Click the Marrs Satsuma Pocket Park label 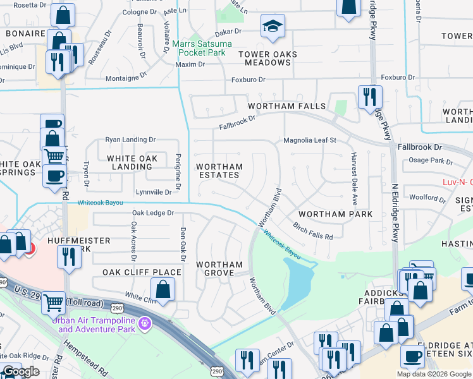202,48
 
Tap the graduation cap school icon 273,26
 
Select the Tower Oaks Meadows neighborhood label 268,59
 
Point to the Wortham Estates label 219,171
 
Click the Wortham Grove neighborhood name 219,268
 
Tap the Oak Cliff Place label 142,272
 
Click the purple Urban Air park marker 146,323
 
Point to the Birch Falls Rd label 312,231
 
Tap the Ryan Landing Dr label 130,140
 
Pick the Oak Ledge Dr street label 152,214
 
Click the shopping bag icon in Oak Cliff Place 163,289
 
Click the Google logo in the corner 21,371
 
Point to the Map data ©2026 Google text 433,374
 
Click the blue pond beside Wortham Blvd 297,278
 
